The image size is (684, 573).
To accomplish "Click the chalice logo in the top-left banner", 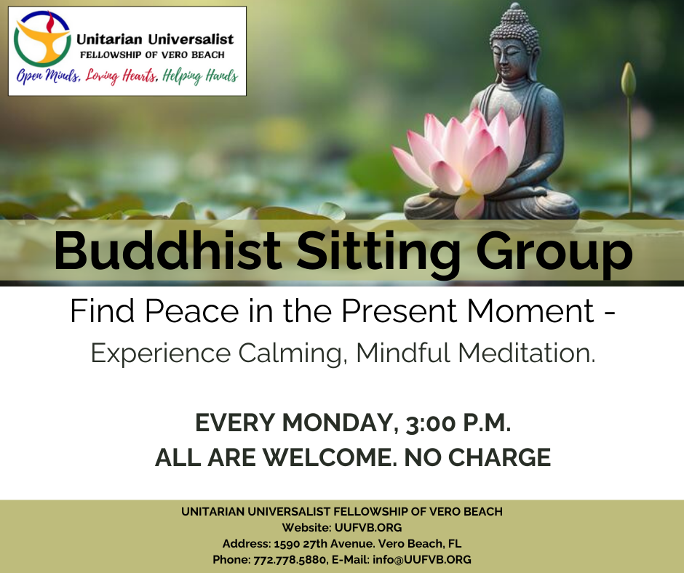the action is [42, 39].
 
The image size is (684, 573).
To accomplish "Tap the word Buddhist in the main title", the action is [167, 251].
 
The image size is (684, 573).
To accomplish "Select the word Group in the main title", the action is [554, 254].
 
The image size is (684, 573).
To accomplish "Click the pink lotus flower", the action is [459, 161].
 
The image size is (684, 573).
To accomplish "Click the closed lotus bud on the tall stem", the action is [628, 79].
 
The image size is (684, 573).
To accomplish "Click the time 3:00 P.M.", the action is [458, 422].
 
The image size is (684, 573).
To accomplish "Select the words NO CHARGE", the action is [477, 457].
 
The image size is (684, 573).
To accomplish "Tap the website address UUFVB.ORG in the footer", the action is [368, 528].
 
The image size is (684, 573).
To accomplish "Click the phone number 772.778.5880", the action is [290, 559].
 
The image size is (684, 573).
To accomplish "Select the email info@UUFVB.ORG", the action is [422, 559].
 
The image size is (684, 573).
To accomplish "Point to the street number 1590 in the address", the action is [286, 544].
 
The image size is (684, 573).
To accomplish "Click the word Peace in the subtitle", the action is [192, 311].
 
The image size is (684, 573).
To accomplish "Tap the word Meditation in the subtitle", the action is [527, 353].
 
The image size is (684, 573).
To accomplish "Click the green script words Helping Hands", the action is [200, 76].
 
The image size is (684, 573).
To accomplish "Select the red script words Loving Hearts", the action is [122, 76].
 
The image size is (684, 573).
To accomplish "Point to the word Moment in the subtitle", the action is [530, 311].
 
